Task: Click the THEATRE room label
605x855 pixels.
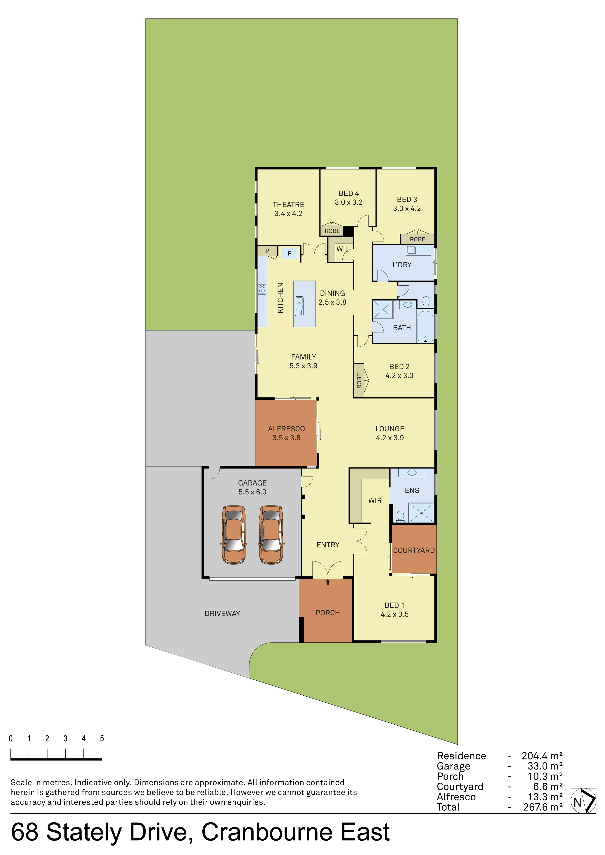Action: pos(288,204)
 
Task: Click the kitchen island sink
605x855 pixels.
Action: pos(299,306)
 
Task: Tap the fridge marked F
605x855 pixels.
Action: pos(289,253)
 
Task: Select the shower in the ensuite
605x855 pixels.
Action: pos(421,512)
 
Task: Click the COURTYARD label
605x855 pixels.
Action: pos(414,550)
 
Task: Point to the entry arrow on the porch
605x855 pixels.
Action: pos(328,582)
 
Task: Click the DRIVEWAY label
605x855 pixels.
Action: pos(222,613)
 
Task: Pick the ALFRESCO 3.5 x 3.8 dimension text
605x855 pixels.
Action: pos(286,437)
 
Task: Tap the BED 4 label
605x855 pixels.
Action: pos(349,193)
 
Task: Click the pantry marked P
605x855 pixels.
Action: pos(267,251)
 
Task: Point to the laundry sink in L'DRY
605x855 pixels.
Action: pos(411,250)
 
